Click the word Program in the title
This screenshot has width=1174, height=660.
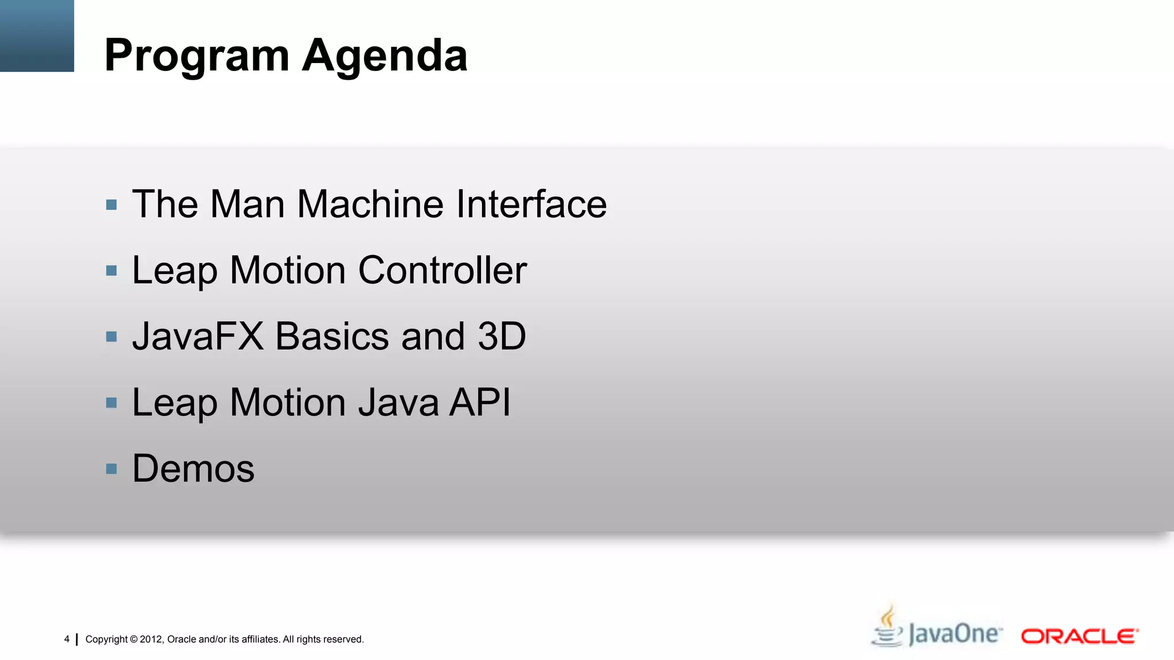[x=197, y=56]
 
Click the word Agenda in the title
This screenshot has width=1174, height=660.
[x=385, y=56]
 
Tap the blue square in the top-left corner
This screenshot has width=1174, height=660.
[x=37, y=36]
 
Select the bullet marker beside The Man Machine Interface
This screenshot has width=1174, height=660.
[x=112, y=205]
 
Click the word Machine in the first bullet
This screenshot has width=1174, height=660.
[x=370, y=204]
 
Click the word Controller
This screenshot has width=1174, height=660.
[x=442, y=270]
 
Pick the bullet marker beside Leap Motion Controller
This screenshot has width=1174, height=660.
[x=112, y=270]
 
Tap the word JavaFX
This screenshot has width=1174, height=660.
[x=198, y=336]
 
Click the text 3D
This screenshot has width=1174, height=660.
[x=502, y=336]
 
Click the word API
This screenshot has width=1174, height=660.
[x=480, y=402]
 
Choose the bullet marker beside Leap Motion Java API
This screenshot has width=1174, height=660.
[x=112, y=403]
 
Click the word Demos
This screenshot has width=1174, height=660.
[x=193, y=469]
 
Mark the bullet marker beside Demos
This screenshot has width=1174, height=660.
[x=112, y=469]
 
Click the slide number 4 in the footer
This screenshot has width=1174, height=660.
[x=66, y=639]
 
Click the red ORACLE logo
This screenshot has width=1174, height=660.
[x=1079, y=637]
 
